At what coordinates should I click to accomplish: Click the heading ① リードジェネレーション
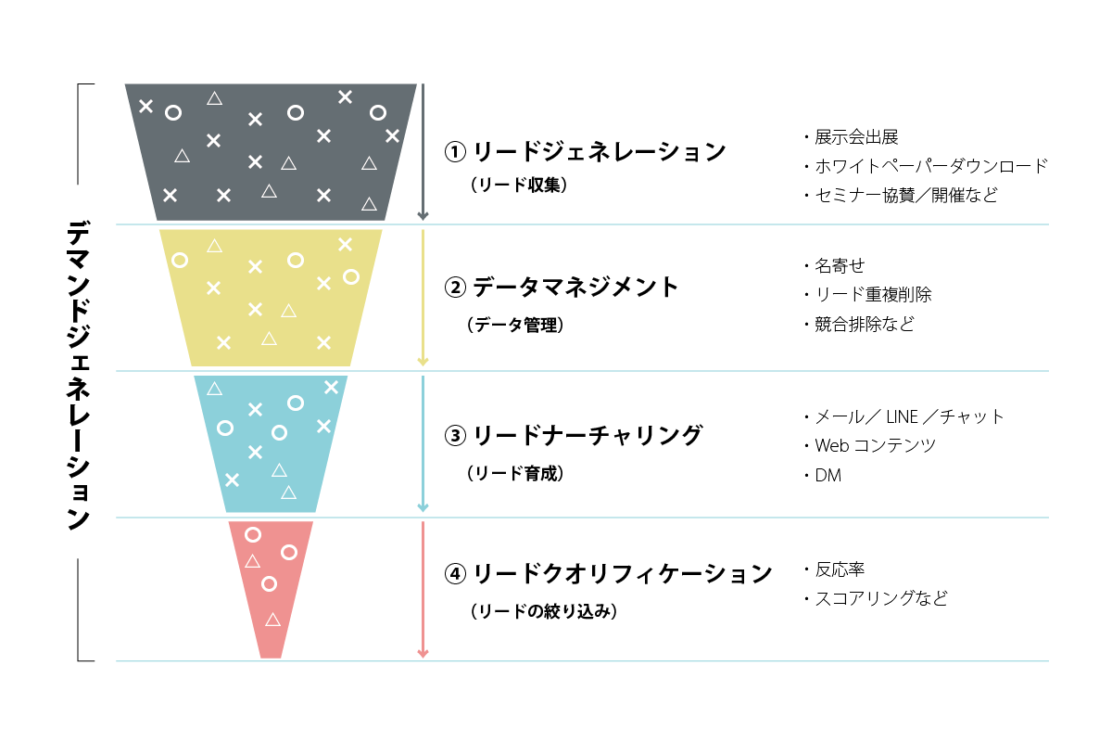[x=585, y=151]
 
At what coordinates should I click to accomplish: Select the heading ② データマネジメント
[x=561, y=288]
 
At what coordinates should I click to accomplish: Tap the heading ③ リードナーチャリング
[x=574, y=436]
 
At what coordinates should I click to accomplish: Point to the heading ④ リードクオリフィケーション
[x=608, y=573]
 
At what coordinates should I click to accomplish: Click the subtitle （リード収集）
[x=519, y=185]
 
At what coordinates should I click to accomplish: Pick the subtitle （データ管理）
[x=515, y=325]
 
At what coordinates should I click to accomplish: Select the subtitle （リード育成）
[x=515, y=473]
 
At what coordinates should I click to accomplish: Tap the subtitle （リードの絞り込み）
[x=544, y=611]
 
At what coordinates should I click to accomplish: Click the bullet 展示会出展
[x=857, y=137]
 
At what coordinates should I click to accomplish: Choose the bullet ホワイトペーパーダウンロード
[x=931, y=166]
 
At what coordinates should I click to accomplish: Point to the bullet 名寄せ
[x=840, y=266]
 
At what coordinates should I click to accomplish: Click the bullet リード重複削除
[x=874, y=295]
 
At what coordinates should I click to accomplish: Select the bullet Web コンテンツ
[x=876, y=445]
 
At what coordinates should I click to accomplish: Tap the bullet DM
[x=828, y=476]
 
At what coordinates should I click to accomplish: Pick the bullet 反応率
[x=840, y=569]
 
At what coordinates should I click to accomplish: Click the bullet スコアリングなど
[x=881, y=598]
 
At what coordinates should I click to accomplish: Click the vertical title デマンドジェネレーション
[x=79, y=376]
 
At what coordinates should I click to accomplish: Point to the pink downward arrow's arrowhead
[x=423, y=654]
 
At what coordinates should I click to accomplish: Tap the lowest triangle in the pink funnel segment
[x=272, y=620]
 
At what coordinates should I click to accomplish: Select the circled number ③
[x=455, y=436]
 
